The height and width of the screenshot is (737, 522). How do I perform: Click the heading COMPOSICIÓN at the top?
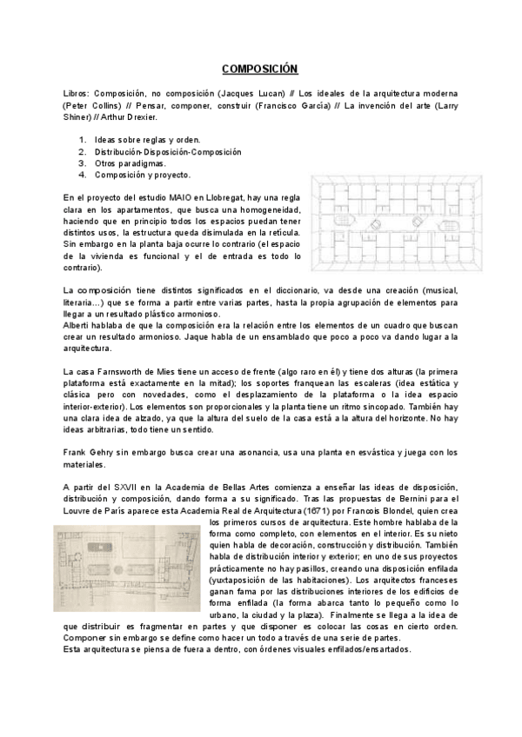click(x=260, y=69)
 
